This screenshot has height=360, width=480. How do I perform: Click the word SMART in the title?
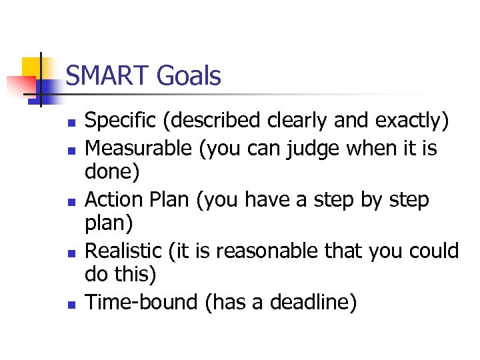[108, 76]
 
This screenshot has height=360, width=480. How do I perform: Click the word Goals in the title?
[188, 76]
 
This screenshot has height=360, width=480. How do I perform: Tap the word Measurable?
[139, 147]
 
